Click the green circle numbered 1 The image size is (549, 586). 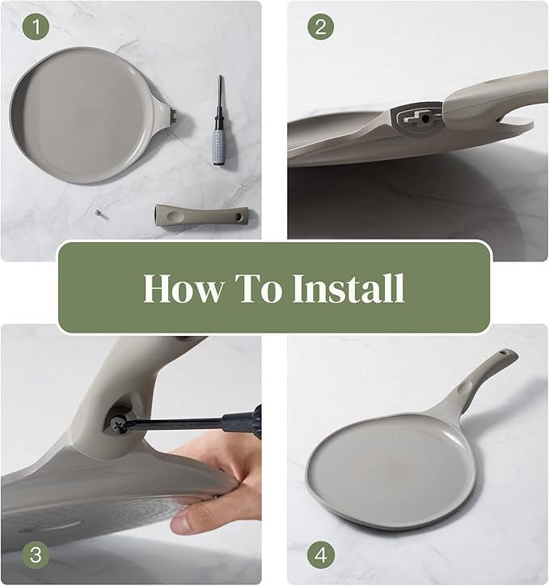[x=36, y=27]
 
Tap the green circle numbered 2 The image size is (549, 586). [x=321, y=27]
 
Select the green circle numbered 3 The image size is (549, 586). [x=36, y=555]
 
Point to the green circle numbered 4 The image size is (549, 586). [x=321, y=555]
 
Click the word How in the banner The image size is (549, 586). [x=184, y=288]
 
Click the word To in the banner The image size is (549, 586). [x=258, y=288]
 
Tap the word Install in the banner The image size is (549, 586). [x=349, y=288]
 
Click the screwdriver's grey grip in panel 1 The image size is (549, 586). [x=218, y=146]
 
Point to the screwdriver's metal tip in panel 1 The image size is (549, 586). [x=220, y=82]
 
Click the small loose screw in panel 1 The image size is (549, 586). [x=98, y=212]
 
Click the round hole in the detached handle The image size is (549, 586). [x=237, y=217]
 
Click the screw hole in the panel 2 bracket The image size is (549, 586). [x=425, y=119]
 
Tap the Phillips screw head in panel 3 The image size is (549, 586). [x=119, y=425]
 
